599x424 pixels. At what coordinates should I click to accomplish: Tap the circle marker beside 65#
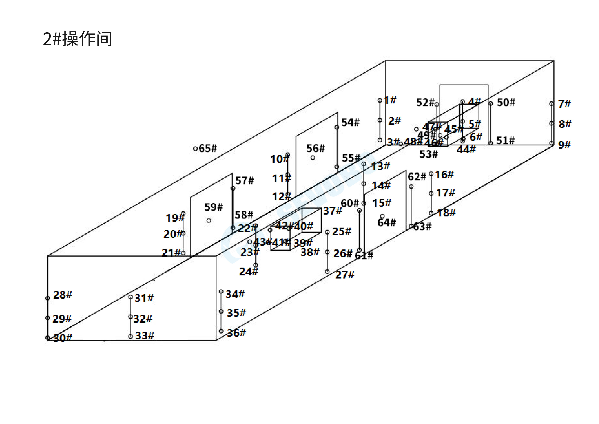(x=195, y=149)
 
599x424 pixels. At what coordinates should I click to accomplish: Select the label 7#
(x=564, y=104)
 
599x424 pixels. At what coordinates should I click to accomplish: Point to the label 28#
(x=63, y=295)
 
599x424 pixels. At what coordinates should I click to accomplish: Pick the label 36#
(x=236, y=333)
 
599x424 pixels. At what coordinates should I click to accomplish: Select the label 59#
(x=213, y=207)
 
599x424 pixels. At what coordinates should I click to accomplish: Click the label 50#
(x=506, y=102)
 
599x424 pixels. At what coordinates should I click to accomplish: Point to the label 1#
(x=390, y=100)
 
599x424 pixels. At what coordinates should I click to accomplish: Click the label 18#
(x=446, y=213)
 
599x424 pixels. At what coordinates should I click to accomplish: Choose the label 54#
(x=350, y=122)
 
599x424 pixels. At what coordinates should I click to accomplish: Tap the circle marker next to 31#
(x=130, y=297)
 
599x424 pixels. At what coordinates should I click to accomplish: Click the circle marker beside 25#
(x=327, y=232)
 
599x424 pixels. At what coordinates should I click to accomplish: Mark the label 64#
(x=386, y=223)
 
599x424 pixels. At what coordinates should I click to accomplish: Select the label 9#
(x=564, y=144)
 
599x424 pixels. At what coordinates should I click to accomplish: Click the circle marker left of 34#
(x=221, y=291)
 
